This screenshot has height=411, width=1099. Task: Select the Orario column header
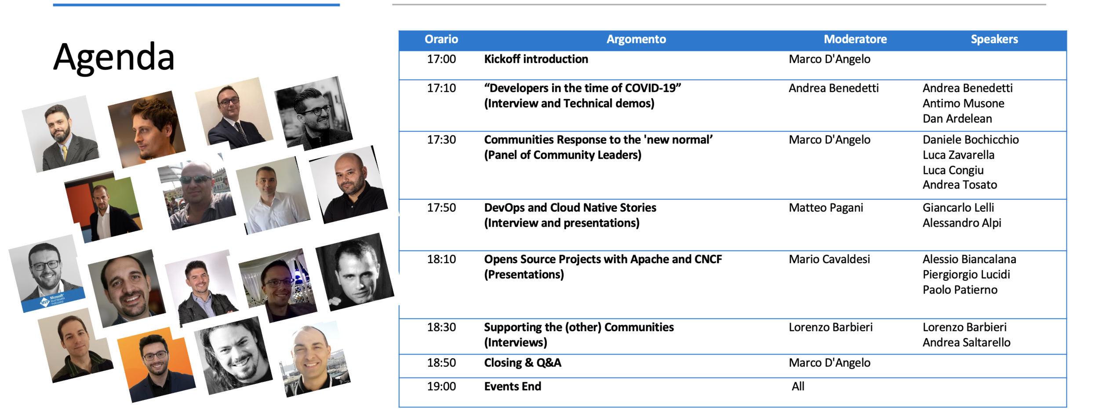coord(441,39)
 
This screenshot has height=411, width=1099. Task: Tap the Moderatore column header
coord(855,39)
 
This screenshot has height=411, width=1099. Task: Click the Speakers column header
coord(994,39)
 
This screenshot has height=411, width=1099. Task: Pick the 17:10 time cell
coord(441,88)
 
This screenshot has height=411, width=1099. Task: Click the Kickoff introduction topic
coord(536,59)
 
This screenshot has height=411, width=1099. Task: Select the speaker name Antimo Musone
coord(963,103)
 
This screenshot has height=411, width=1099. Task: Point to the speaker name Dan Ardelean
coord(957,119)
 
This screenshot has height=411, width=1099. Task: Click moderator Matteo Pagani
coord(826,208)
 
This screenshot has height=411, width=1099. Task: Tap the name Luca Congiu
coord(953,170)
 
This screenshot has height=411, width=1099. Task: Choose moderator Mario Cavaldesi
coord(829,259)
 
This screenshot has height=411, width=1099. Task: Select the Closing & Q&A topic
coord(523,363)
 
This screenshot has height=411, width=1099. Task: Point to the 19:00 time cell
coord(441,386)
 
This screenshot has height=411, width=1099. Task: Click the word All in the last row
coord(798,386)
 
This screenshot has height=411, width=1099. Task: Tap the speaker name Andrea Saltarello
coord(966,342)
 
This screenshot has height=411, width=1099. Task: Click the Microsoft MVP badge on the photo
coord(53,301)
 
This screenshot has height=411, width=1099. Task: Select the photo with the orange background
coord(156,365)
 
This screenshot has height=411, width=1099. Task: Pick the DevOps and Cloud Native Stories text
coord(570,208)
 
